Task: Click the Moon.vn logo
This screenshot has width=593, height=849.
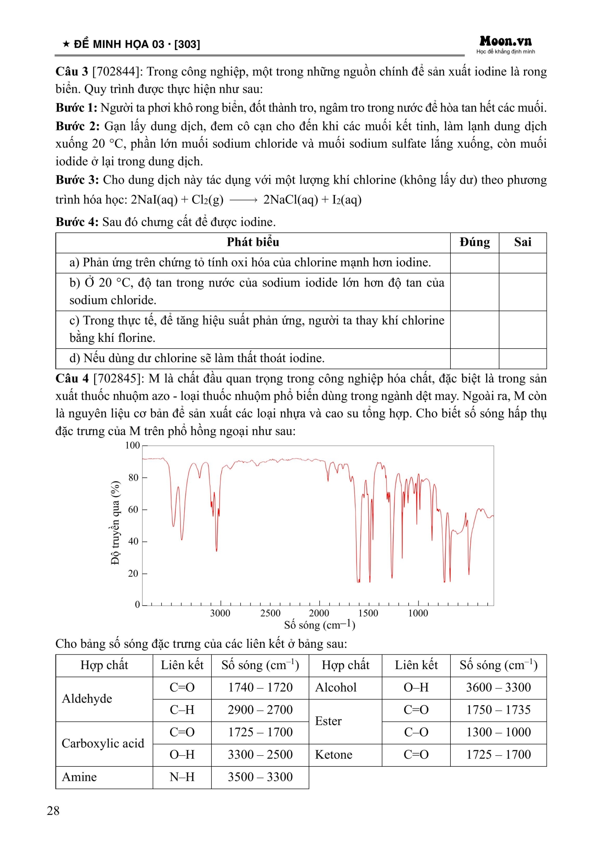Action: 506,42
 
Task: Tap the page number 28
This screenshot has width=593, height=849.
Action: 53,811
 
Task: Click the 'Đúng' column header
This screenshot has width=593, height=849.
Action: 475,242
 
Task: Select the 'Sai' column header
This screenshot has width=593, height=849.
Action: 522,242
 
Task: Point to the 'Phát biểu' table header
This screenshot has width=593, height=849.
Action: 253,242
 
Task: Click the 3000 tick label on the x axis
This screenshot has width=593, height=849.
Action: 220,613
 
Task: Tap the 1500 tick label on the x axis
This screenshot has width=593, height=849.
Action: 368,613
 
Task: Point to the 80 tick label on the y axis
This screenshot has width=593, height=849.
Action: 133,478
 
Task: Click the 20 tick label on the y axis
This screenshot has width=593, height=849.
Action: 133,574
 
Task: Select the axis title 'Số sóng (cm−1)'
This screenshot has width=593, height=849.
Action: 319,625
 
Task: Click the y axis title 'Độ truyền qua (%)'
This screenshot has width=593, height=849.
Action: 115,523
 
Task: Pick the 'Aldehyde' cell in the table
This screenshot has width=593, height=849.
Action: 87,699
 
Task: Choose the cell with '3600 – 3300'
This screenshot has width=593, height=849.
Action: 498,688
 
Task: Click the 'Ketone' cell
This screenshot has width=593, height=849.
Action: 334,755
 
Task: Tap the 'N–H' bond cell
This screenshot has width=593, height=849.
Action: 182,777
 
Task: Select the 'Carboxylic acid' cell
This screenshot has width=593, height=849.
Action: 103,743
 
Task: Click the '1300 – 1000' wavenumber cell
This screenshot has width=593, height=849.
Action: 498,732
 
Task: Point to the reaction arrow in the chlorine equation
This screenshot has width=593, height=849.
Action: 243,200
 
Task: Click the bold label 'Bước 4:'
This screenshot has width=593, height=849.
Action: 77,222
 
